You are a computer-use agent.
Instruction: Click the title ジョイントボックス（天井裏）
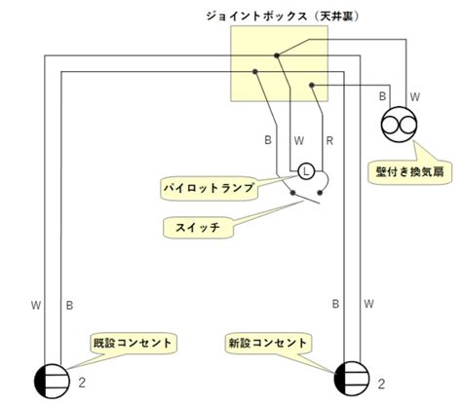click(x=283, y=17)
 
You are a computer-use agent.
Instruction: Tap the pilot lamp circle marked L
click(x=306, y=171)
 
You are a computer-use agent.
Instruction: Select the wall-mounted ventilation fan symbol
click(x=399, y=125)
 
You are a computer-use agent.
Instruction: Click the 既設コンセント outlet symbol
click(x=52, y=381)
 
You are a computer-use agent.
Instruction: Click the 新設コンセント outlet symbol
click(x=352, y=379)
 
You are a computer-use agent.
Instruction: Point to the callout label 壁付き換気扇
click(x=409, y=172)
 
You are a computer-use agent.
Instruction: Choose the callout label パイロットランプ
click(x=209, y=188)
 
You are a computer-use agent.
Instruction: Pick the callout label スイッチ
click(x=198, y=227)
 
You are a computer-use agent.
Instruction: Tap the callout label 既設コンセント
click(x=133, y=343)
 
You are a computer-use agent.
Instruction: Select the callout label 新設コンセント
click(x=268, y=343)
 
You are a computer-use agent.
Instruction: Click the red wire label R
click(x=329, y=141)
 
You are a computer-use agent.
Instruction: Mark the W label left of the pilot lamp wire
click(x=299, y=141)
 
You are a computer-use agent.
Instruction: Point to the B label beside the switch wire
click(x=268, y=140)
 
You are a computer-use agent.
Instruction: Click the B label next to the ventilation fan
click(x=382, y=96)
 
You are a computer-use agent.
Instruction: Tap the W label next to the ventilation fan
click(x=415, y=96)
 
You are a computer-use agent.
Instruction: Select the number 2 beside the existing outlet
click(x=82, y=383)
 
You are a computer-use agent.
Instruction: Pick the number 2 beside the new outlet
click(x=381, y=385)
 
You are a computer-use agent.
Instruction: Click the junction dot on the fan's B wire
click(x=312, y=86)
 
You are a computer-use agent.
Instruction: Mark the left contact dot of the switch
click(x=293, y=193)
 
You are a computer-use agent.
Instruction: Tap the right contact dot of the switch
click(x=320, y=193)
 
